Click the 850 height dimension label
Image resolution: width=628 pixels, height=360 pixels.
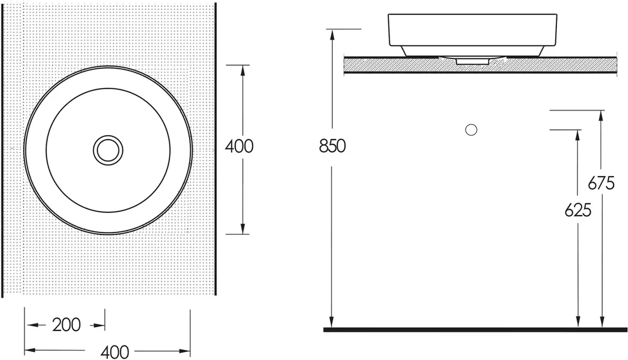332,146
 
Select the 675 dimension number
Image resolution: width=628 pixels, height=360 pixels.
601,183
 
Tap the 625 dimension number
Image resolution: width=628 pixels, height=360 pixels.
578,210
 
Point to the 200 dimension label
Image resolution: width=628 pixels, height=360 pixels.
67,325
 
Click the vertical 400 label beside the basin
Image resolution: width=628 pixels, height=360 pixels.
239,146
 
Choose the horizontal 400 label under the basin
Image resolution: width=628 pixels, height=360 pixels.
114,352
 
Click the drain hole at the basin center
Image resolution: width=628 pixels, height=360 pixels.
108,150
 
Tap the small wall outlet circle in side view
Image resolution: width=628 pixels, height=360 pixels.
471,130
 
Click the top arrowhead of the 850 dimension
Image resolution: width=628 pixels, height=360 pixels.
332,34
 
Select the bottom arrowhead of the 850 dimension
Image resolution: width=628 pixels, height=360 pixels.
331,322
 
